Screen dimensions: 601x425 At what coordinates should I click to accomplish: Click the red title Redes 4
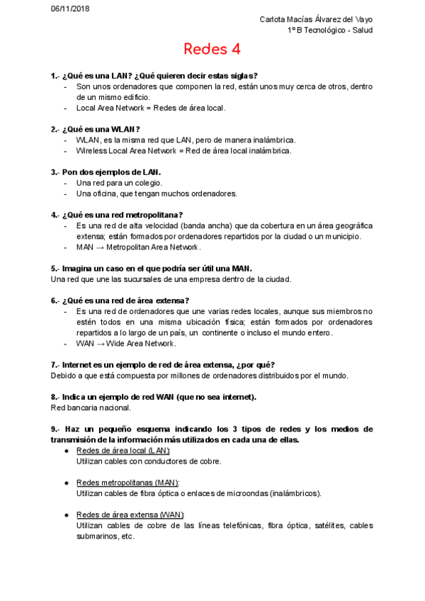(212, 49)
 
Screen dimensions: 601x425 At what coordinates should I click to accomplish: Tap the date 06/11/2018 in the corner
(69, 9)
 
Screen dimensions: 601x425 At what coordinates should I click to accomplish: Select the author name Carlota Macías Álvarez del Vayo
(316, 19)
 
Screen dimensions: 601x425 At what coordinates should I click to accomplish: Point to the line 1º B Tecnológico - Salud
(330, 30)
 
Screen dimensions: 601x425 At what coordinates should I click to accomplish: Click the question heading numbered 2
(95, 129)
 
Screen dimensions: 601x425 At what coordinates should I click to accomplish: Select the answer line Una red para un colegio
(119, 183)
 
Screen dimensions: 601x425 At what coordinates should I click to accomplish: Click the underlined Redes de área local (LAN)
(123, 451)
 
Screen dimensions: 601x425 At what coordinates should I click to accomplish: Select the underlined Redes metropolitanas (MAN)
(127, 483)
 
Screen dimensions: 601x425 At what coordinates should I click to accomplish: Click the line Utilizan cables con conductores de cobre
(149, 461)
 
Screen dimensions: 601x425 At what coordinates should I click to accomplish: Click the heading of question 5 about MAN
(152, 269)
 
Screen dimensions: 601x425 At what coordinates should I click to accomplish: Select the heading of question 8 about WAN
(153, 397)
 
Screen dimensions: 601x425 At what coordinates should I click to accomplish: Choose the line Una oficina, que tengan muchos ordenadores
(157, 193)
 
